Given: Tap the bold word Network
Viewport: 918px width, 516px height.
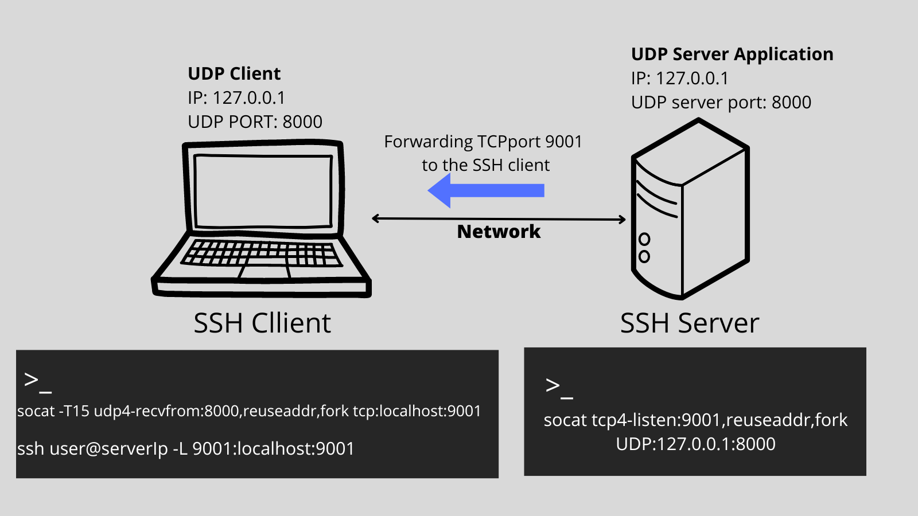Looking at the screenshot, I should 499,232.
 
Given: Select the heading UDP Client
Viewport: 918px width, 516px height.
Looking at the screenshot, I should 234,74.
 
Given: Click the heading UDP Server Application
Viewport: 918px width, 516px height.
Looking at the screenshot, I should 732,54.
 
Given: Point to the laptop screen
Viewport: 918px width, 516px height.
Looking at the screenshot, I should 263,190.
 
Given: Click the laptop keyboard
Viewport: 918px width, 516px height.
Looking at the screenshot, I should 261,253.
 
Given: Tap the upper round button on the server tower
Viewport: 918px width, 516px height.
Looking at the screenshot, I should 644,239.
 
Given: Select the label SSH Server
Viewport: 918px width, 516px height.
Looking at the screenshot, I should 689,323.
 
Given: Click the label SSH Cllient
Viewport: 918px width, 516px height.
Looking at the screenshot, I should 262,323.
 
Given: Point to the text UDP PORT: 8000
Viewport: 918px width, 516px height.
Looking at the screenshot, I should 255,122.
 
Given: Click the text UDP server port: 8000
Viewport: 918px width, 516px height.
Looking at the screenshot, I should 721,103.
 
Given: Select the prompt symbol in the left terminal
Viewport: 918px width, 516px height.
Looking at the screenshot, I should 37,381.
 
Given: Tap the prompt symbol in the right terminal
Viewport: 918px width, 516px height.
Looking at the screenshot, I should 559,387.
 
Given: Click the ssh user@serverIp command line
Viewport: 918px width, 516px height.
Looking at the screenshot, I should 186,448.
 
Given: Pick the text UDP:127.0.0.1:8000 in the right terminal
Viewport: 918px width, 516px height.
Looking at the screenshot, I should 695,444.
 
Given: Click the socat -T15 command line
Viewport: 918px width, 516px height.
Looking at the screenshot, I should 249,411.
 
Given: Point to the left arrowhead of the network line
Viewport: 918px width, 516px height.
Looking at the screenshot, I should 376,218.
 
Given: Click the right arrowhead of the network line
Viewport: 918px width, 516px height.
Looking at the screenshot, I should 622,219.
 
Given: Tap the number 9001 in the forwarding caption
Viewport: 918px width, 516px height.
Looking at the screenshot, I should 563,142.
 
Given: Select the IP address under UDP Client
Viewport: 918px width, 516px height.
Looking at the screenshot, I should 248,98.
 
